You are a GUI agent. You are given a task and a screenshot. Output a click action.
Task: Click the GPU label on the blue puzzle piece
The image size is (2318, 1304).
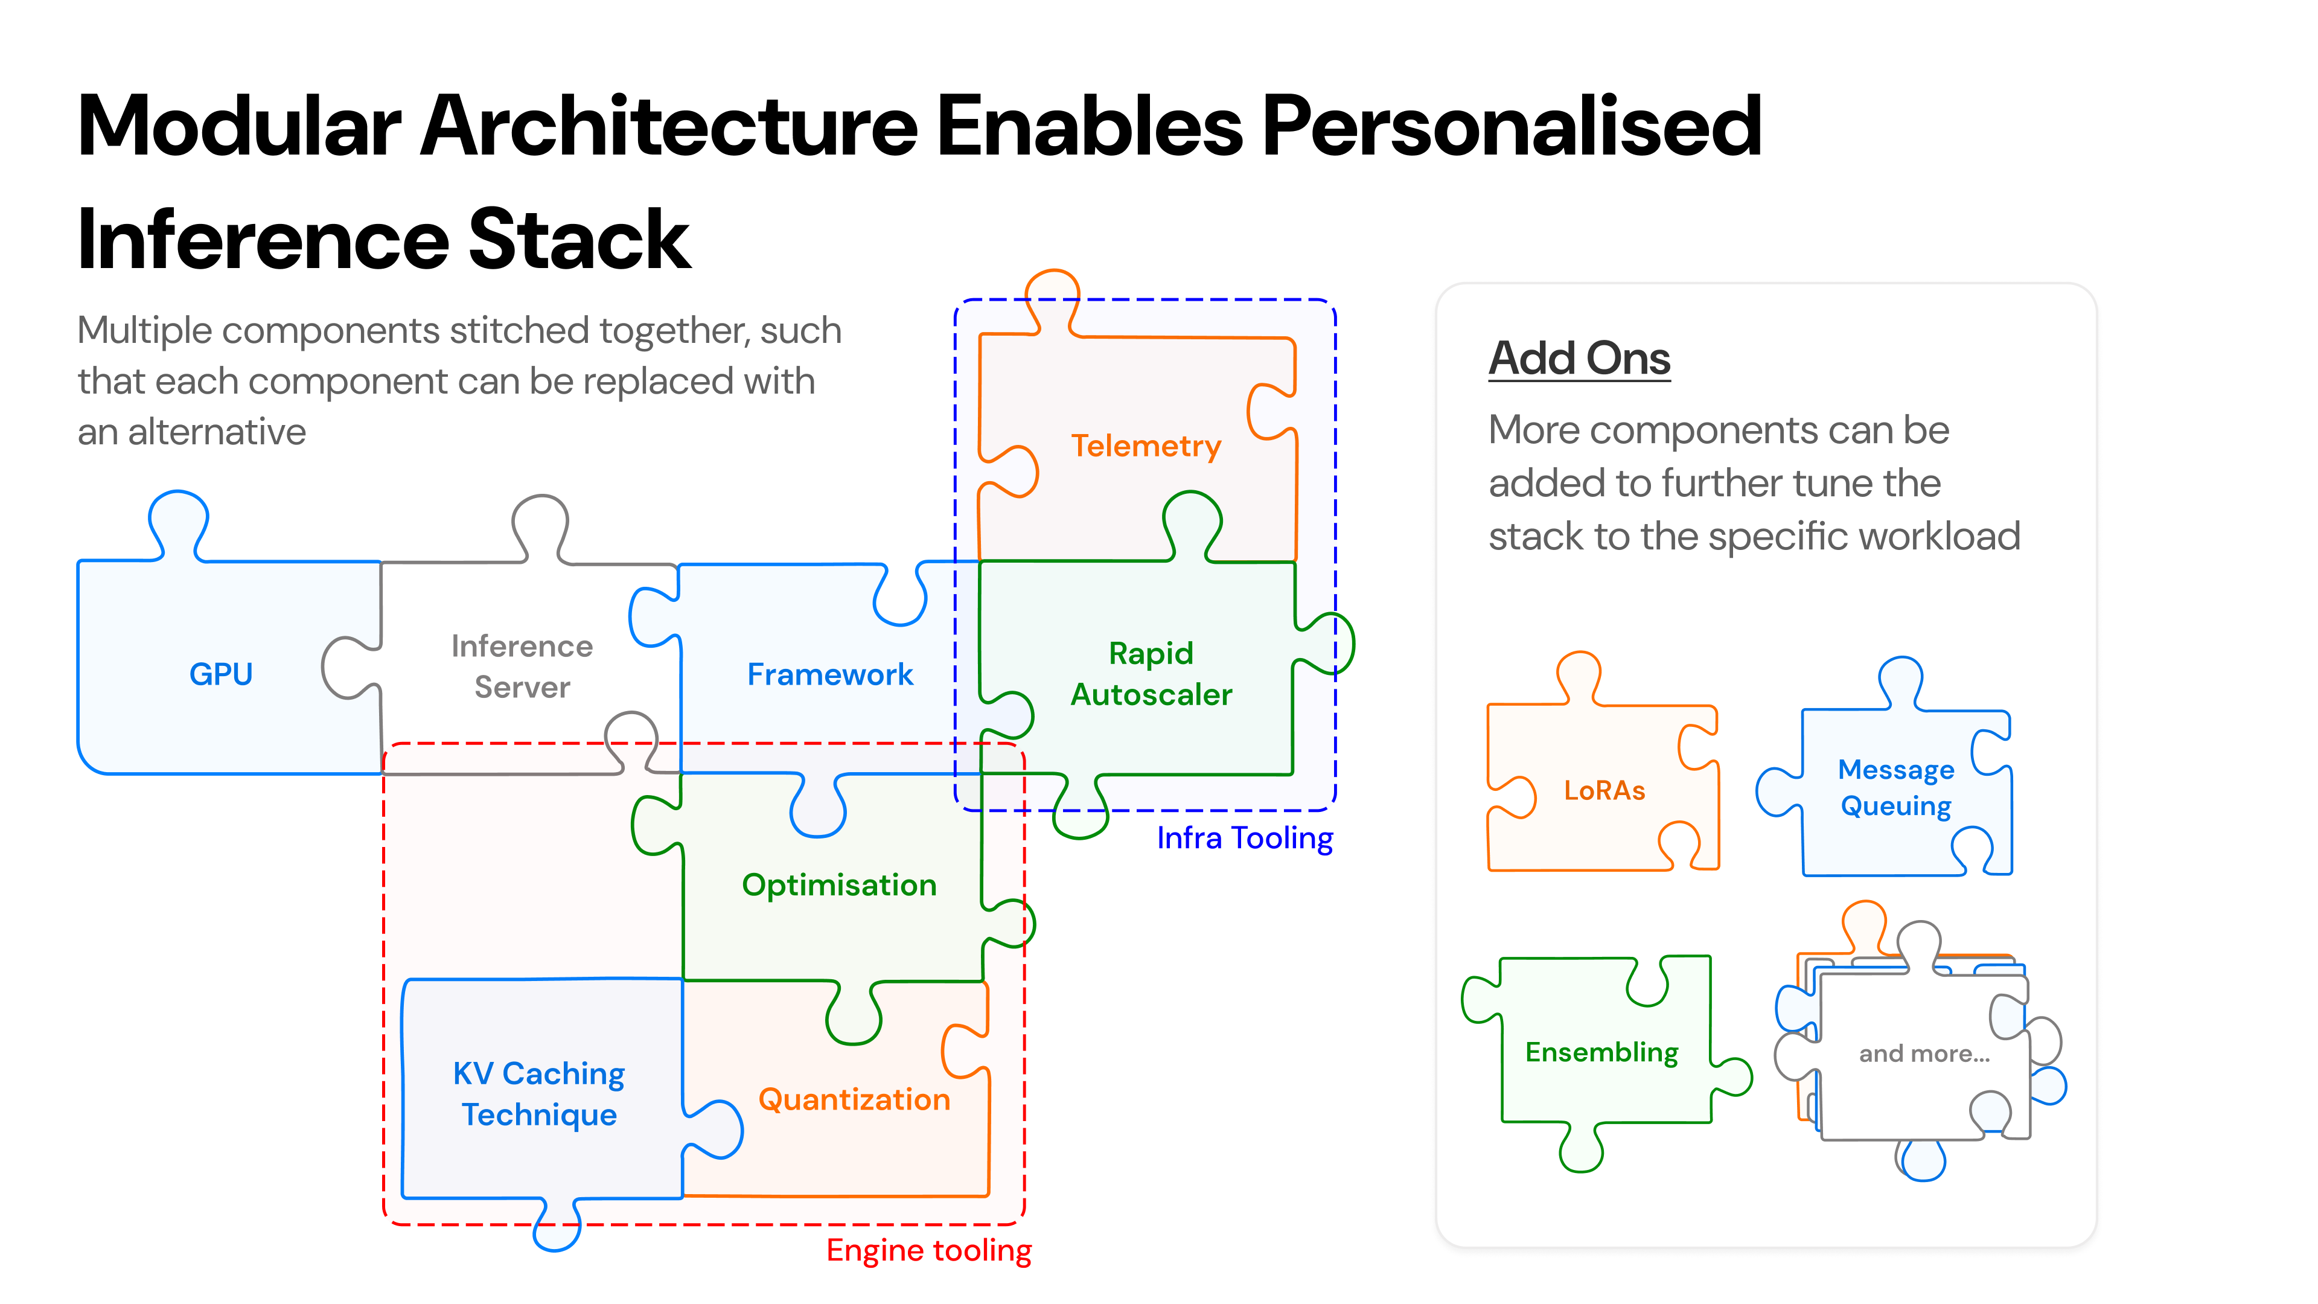(220, 674)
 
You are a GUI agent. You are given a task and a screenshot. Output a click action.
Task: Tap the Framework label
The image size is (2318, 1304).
(829, 675)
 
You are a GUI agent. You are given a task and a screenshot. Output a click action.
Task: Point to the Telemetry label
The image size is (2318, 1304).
(1146, 446)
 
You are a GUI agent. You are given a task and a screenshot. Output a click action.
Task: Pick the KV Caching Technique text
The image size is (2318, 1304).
(539, 1093)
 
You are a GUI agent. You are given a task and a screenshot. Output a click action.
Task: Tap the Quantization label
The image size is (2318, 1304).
(854, 1100)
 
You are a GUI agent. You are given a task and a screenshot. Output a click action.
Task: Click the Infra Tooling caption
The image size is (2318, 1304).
(1245, 839)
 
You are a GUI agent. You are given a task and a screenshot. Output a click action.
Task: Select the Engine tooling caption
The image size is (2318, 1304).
(928, 1251)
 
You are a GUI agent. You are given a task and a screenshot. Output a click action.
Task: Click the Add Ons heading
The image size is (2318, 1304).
(1579, 358)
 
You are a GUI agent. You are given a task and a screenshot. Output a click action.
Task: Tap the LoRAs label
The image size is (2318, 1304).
(1604, 791)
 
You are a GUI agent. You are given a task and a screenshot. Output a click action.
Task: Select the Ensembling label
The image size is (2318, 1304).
(1601, 1052)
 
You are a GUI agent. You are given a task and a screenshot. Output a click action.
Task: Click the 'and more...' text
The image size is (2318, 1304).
(1924, 1054)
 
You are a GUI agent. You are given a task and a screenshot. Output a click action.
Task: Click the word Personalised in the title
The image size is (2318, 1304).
(1512, 126)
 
